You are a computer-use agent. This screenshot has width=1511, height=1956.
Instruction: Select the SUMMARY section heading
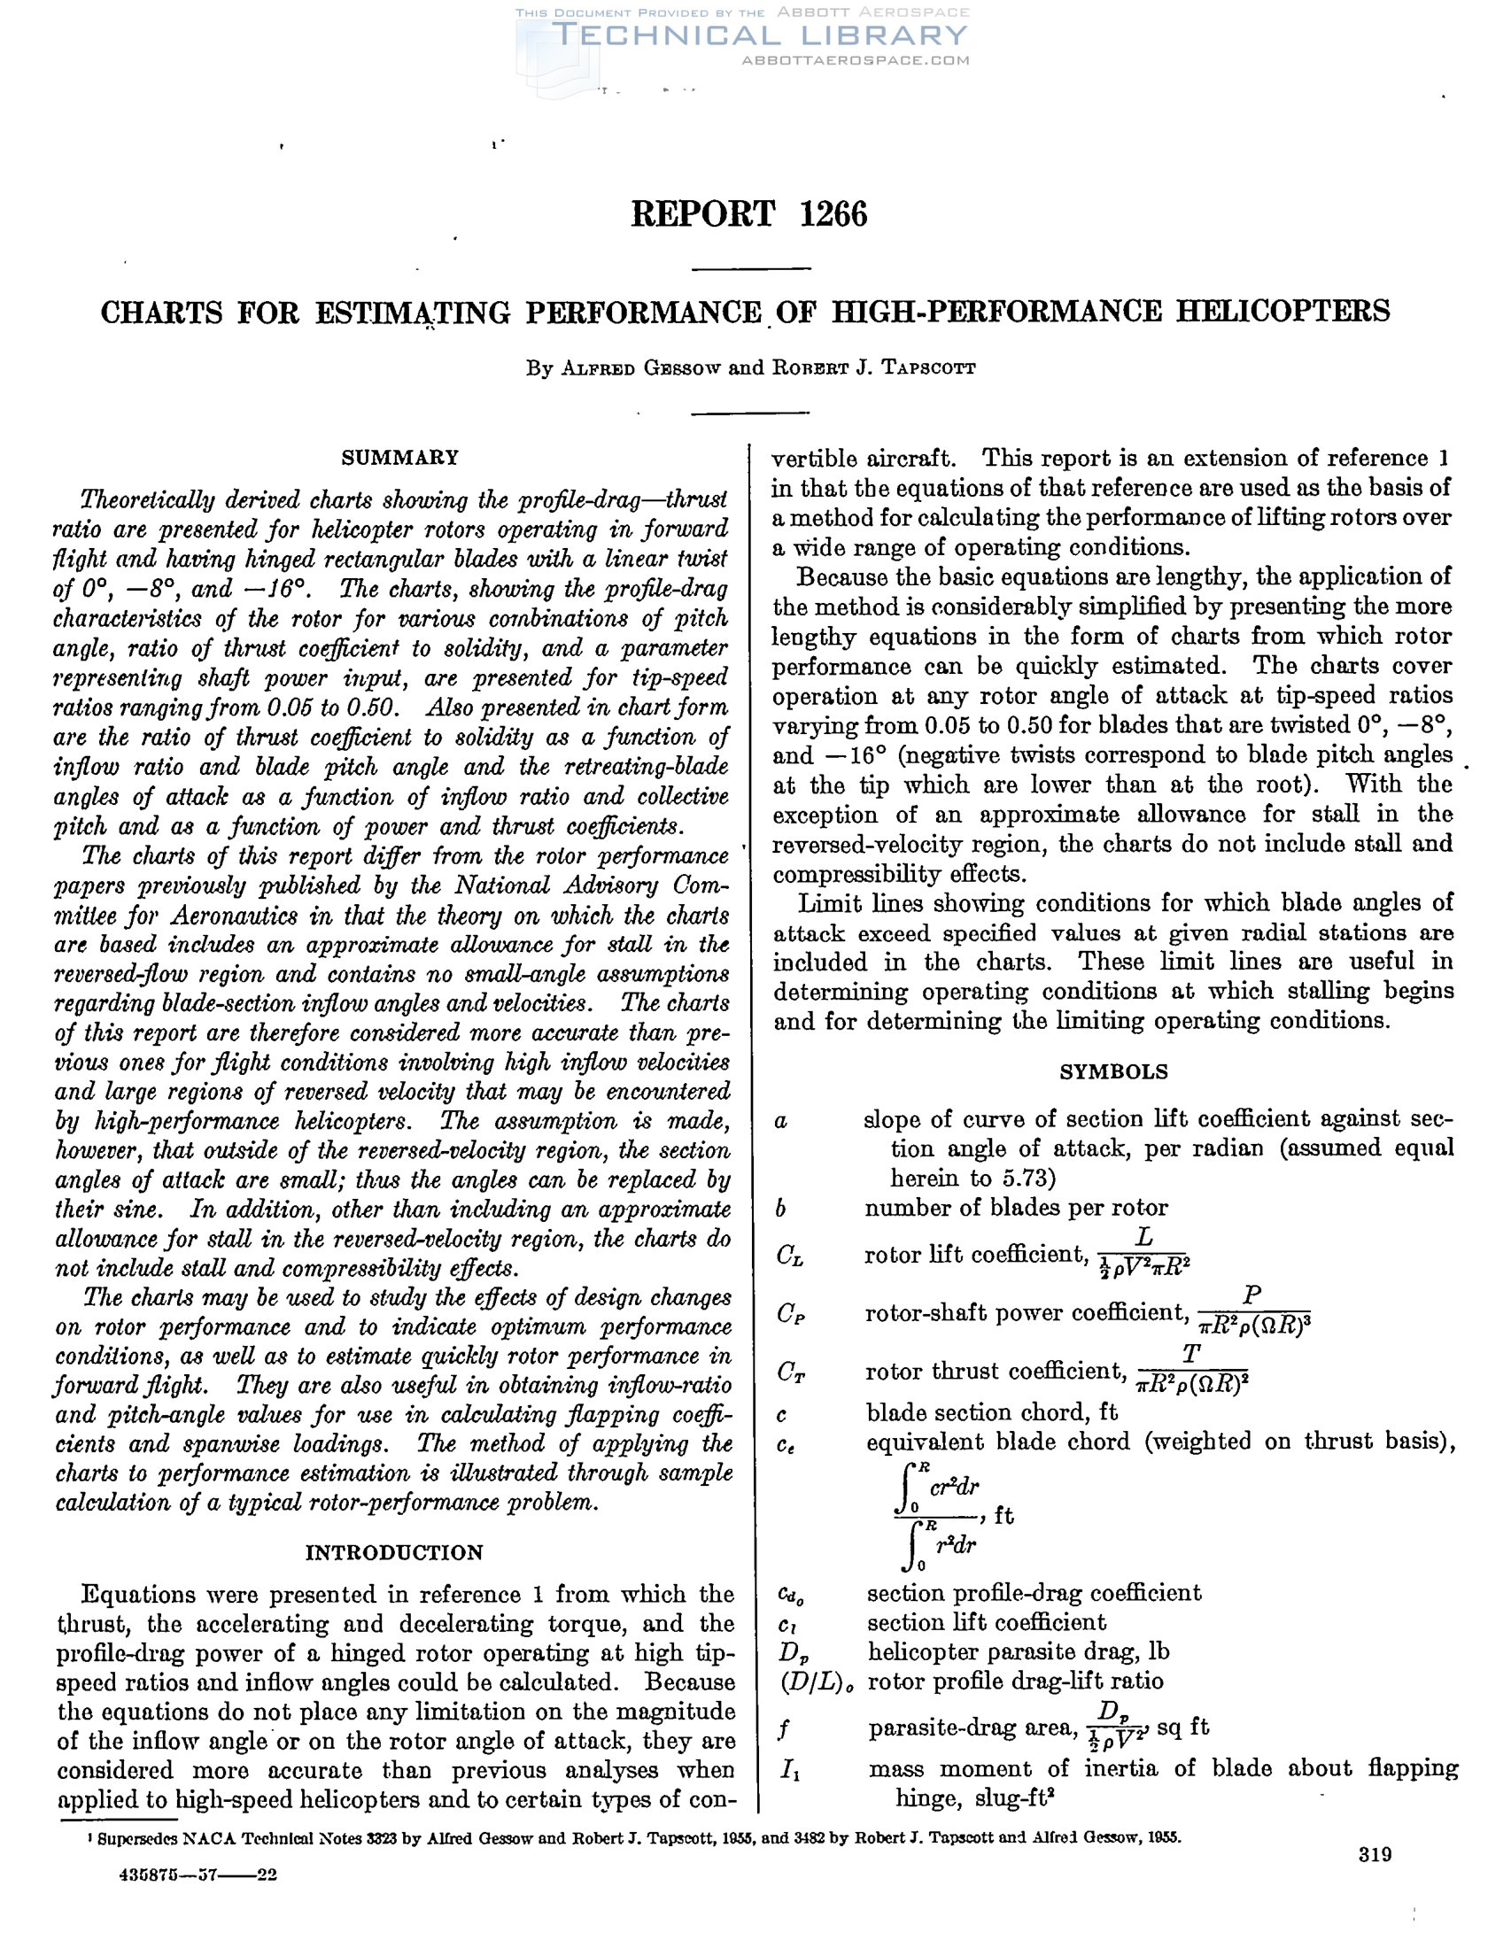coord(399,458)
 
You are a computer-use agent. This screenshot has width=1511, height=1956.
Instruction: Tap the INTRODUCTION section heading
coord(394,1552)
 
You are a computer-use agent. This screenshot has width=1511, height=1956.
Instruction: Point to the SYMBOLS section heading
coord(1113,1072)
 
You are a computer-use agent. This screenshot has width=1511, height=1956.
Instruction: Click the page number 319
coord(1375,1854)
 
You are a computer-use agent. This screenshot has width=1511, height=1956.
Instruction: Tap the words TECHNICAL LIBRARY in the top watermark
coord(761,35)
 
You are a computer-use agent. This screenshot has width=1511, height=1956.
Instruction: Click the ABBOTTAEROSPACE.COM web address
coord(856,61)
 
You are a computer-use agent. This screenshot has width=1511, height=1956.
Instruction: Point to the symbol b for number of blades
coord(781,1208)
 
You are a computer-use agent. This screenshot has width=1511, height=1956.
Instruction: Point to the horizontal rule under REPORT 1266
coord(751,268)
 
